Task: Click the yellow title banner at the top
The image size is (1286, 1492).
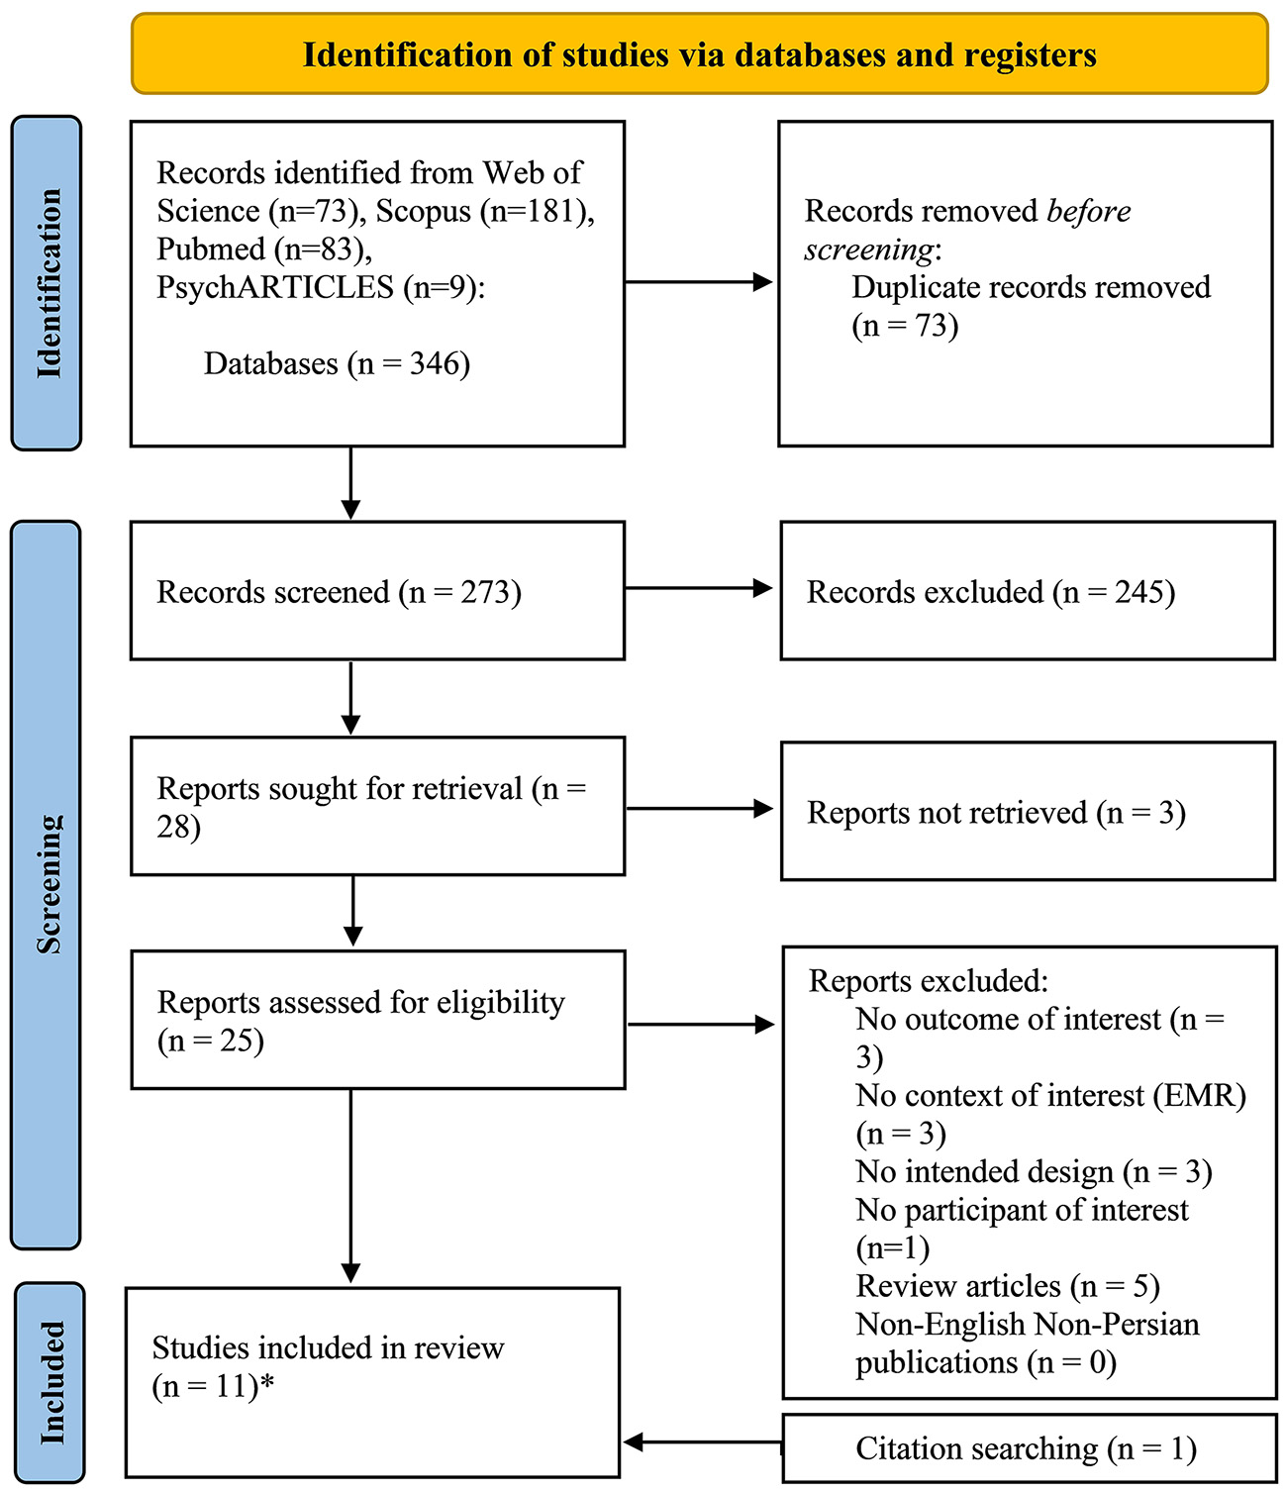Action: [x=699, y=54]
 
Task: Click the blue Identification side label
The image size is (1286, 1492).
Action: [x=47, y=283]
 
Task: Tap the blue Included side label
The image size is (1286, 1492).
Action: [x=49, y=1382]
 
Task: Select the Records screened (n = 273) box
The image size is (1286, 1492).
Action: [x=377, y=591]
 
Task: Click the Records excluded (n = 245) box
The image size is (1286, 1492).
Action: [x=1027, y=591]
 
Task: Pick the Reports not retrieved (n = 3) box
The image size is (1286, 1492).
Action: [x=1027, y=812]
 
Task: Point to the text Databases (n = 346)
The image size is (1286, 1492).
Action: [x=337, y=363]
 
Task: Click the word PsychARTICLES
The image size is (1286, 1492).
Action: [x=275, y=287]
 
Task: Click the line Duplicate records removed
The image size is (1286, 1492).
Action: [x=1031, y=287]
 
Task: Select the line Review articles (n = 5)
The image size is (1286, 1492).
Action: [x=1007, y=1286]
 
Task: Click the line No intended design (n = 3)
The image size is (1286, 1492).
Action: [x=1034, y=1172]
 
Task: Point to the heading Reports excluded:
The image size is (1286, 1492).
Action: [x=928, y=981]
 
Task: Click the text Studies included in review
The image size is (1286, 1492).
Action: [x=328, y=1347]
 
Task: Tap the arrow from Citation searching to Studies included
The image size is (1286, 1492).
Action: [x=703, y=1442]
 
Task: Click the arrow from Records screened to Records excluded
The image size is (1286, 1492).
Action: [x=699, y=588]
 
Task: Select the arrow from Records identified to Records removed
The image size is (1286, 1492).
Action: [x=699, y=282]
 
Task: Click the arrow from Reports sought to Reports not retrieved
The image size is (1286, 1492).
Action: [x=699, y=809]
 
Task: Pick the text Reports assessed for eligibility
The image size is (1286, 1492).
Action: [x=360, y=1002]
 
